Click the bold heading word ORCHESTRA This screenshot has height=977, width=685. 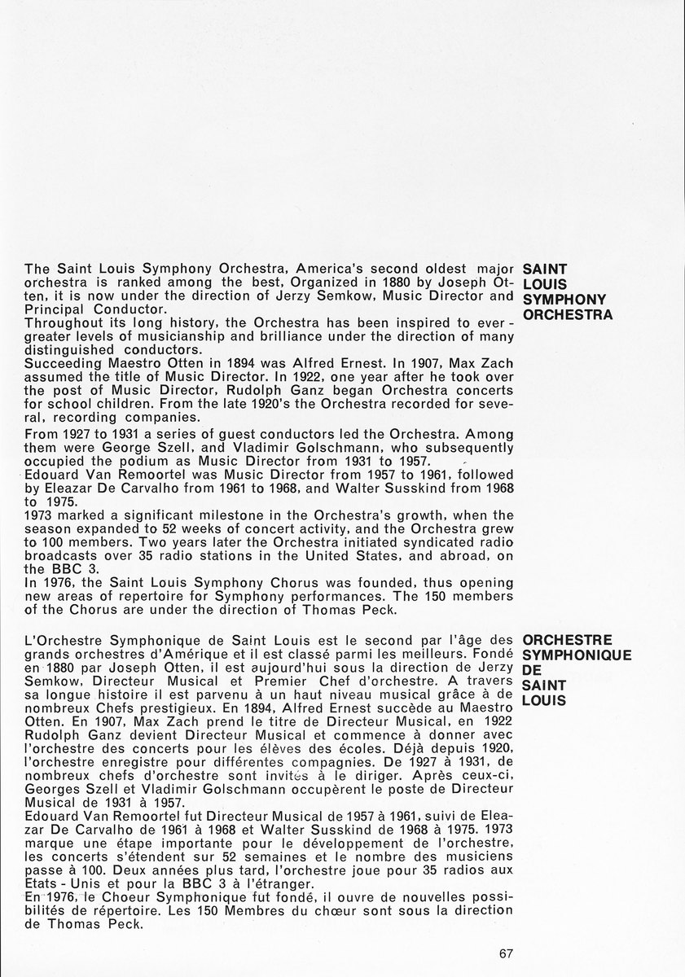568,313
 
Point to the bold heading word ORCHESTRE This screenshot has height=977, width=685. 568,640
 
